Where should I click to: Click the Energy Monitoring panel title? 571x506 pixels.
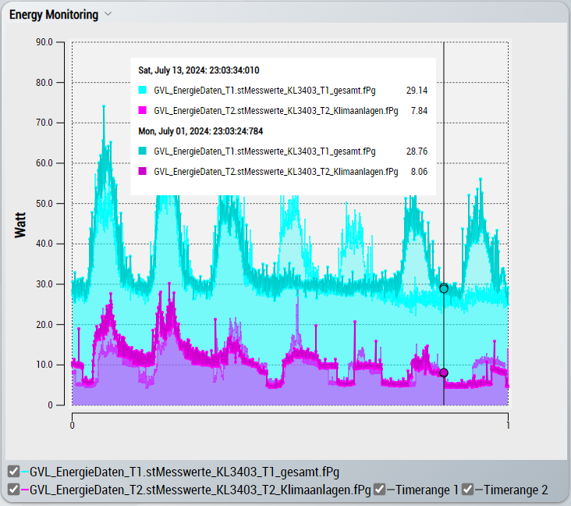(x=54, y=15)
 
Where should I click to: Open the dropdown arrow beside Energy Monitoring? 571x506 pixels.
(x=108, y=14)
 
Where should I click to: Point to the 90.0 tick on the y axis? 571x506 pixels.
(x=44, y=43)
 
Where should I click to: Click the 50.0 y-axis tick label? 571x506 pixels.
(x=44, y=204)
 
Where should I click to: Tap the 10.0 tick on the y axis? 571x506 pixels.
(x=44, y=365)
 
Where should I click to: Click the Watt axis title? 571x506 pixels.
(x=21, y=225)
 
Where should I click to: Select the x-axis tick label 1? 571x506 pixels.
(x=508, y=426)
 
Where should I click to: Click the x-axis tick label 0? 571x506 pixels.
(x=73, y=426)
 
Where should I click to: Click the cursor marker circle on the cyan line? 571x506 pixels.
(x=444, y=288)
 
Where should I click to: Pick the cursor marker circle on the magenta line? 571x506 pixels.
(x=444, y=373)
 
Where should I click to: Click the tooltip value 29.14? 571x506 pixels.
(x=417, y=91)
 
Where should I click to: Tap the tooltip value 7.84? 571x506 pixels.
(x=419, y=111)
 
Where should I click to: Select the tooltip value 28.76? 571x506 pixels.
(x=417, y=151)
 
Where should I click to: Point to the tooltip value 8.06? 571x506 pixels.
(x=419, y=171)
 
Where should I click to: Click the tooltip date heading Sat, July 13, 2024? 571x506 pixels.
(x=199, y=70)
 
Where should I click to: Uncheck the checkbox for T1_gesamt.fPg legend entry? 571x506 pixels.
(x=13, y=472)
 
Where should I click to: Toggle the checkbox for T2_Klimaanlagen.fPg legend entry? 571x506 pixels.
(x=13, y=490)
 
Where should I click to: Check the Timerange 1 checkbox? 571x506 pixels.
(x=379, y=490)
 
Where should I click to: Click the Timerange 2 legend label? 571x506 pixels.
(x=516, y=490)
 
